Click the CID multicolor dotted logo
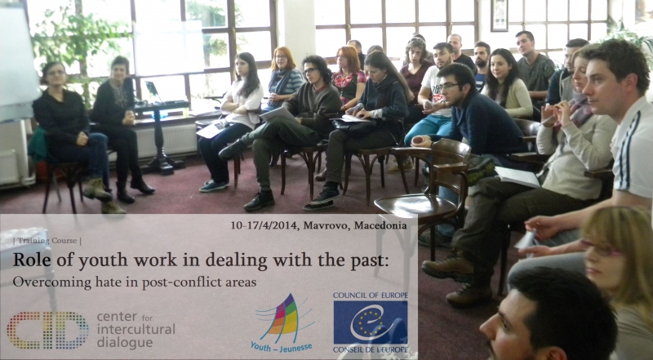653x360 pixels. (x=47, y=330)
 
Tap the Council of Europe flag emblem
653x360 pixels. (x=371, y=322)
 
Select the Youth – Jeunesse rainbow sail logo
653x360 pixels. (x=282, y=318)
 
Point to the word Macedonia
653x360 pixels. (x=380, y=225)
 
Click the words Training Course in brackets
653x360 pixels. (x=47, y=241)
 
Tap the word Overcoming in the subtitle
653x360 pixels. (x=39, y=282)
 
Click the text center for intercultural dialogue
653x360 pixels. (x=135, y=330)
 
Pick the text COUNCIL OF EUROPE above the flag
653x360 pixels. (x=371, y=296)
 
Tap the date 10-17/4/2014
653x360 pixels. (x=264, y=225)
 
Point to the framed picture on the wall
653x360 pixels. (x=500, y=16)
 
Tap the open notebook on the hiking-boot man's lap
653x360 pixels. (x=517, y=176)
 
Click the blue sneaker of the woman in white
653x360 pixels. (x=214, y=185)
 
